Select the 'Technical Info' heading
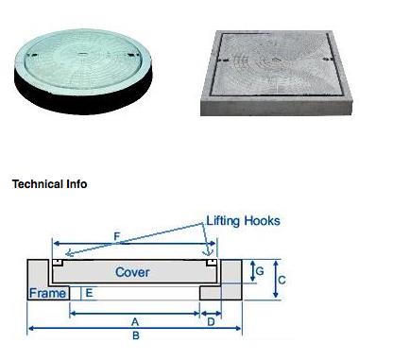pos(49,184)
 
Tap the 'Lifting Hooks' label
pos(243,221)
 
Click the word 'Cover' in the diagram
pos(133,272)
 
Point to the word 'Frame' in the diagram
pos(47,293)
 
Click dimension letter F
pos(116,234)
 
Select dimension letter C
pos(282,280)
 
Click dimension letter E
pos(89,293)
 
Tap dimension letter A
pos(135,321)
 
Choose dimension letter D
pos(210,321)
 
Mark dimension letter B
pos(135,336)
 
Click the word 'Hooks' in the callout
pos(262,221)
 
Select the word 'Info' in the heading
pos(76,184)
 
